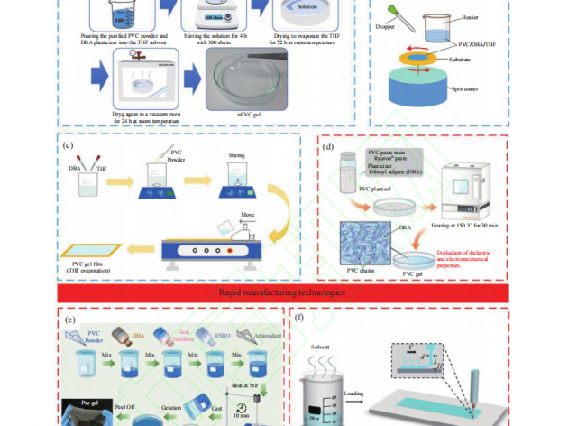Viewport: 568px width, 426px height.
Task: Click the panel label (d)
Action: click(328, 146)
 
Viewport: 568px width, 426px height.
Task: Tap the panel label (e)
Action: click(69, 319)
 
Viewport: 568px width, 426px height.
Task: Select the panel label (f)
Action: click(298, 319)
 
